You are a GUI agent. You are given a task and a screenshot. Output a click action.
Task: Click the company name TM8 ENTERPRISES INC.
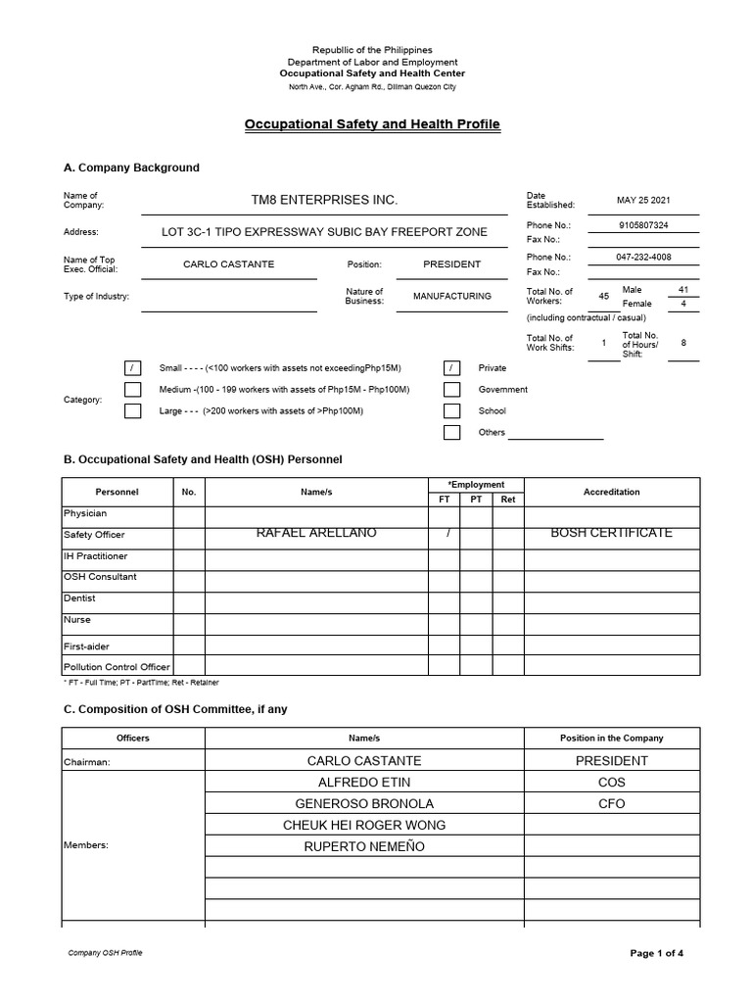click(x=324, y=200)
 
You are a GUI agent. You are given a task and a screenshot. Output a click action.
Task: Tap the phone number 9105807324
click(x=643, y=224)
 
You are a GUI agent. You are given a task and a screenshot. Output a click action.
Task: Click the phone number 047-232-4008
click(x=643, y=257)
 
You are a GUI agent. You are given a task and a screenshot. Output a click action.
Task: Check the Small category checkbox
click(x=132, y=368)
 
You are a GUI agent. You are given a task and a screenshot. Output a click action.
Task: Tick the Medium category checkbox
click(x=132, y=390)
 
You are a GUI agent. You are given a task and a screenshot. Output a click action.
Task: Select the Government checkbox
click(x=451, y=390)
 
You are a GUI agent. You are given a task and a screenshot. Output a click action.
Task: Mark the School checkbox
click(x=451, y=411)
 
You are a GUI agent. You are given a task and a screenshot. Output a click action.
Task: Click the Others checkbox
click(x=451, y=433)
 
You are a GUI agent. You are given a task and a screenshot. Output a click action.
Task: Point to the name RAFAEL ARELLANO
click(x=315, y=533)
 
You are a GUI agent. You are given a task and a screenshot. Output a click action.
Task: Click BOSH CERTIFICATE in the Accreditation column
click(x=611, y=533)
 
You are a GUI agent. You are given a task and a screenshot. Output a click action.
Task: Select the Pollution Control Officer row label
click(x=117, y=667)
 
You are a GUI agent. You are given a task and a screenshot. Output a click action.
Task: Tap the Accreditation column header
click(x=611, y=492)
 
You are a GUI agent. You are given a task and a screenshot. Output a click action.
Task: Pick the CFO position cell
click(x=611, y=804)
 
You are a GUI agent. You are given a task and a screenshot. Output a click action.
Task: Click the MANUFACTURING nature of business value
click(x=451, y=296)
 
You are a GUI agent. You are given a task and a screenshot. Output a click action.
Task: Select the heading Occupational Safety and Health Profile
click(x=371, y=124)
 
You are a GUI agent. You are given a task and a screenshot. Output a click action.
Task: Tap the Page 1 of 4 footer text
click(x=656, y=953)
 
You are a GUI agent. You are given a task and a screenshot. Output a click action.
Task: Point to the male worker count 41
click(x=682, y=289)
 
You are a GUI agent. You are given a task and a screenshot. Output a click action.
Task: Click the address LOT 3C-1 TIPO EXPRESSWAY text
click(x=324, y=232)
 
